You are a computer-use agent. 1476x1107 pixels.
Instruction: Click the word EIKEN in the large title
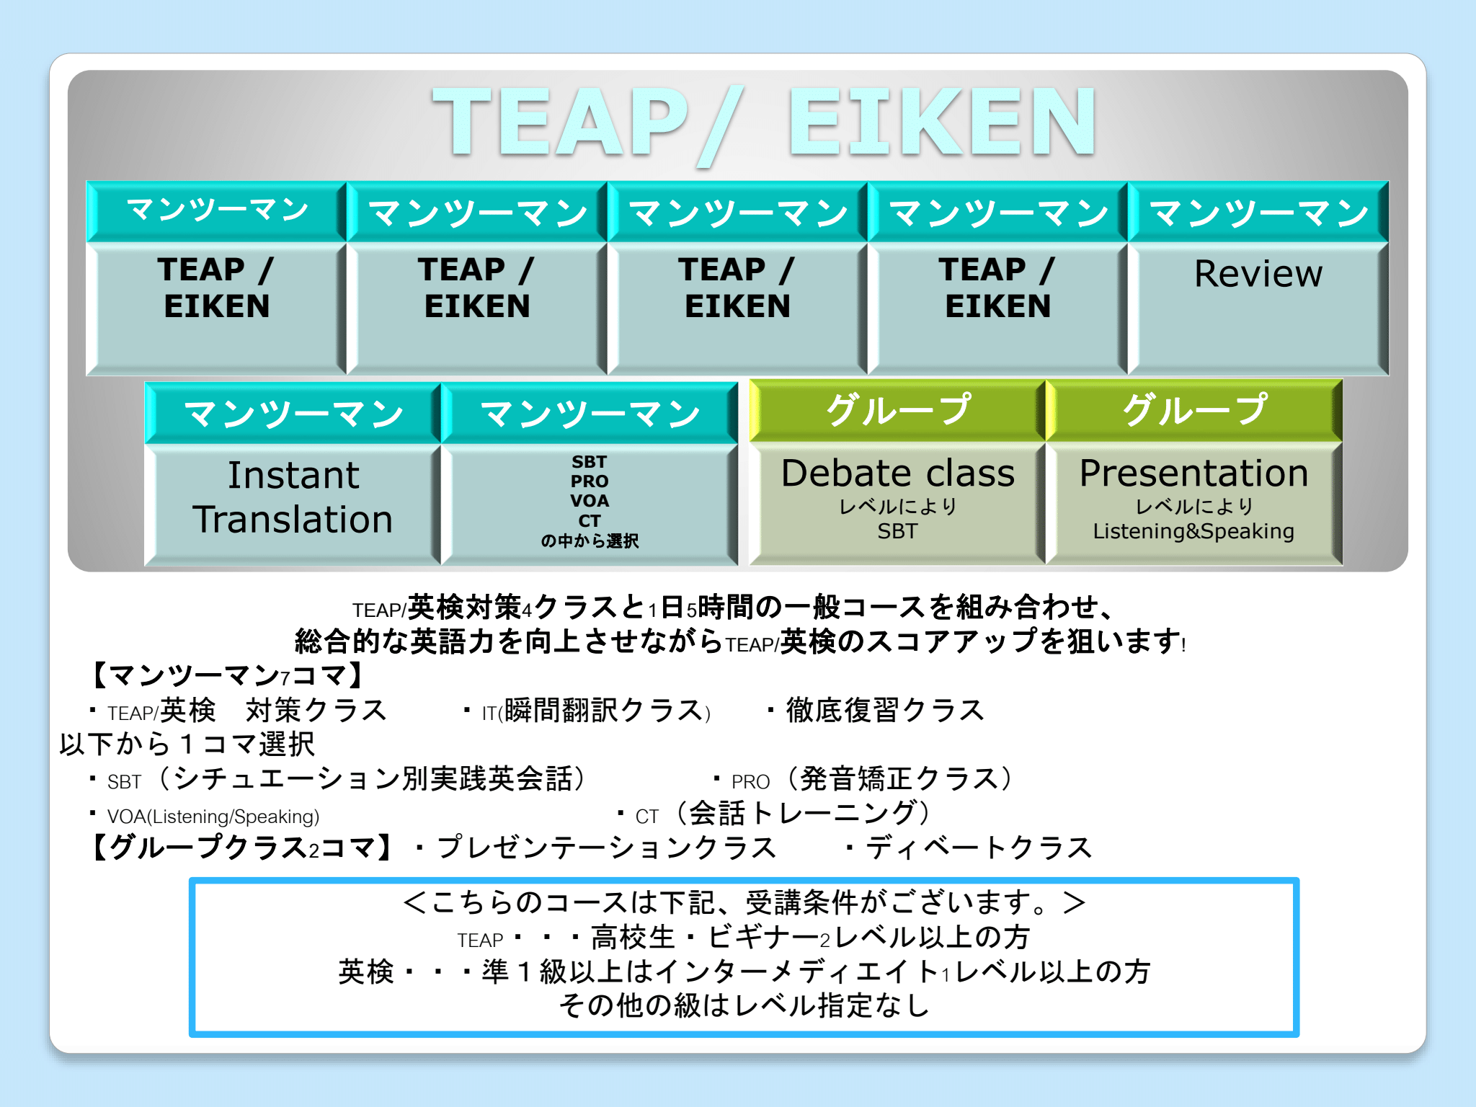click(x=942, y=121)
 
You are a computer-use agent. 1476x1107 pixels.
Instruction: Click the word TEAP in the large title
click(x=561, y=121)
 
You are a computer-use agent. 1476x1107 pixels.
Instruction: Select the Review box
click(x=1258, y=308)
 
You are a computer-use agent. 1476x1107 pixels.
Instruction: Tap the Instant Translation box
click(x=293, y=504)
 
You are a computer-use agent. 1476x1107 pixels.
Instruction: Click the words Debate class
click(x=898, y=474)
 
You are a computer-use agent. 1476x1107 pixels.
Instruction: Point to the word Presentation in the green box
click(x=1193, y=474)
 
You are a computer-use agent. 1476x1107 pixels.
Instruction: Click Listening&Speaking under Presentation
click(x=1193, y=531)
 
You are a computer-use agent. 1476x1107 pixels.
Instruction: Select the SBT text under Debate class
click(x=898, y=531)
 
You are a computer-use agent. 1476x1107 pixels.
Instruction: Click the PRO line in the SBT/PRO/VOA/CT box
click(x=590, y=481)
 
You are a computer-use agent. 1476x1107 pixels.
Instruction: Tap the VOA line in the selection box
click(x=590, y=500)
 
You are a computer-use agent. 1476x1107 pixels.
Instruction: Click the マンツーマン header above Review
click(x=1258, y=213)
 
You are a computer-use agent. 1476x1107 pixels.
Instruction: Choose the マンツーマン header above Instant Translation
click(x=293, y=414)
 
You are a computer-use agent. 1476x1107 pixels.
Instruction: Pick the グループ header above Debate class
click(x=898, y=410)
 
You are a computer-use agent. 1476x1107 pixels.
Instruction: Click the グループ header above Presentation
click(x=1194, y=410)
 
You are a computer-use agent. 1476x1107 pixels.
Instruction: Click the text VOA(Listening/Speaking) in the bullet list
click(x=213, y=817)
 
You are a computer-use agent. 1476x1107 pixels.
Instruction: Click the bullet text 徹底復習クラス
click(x=885, y=710)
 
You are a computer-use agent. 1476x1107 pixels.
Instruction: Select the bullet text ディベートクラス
click(x=979, y=848)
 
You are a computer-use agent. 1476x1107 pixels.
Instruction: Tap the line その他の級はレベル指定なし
click(x=744, y=1005)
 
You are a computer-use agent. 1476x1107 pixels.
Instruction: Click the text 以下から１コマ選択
click(x=187, y=744)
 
